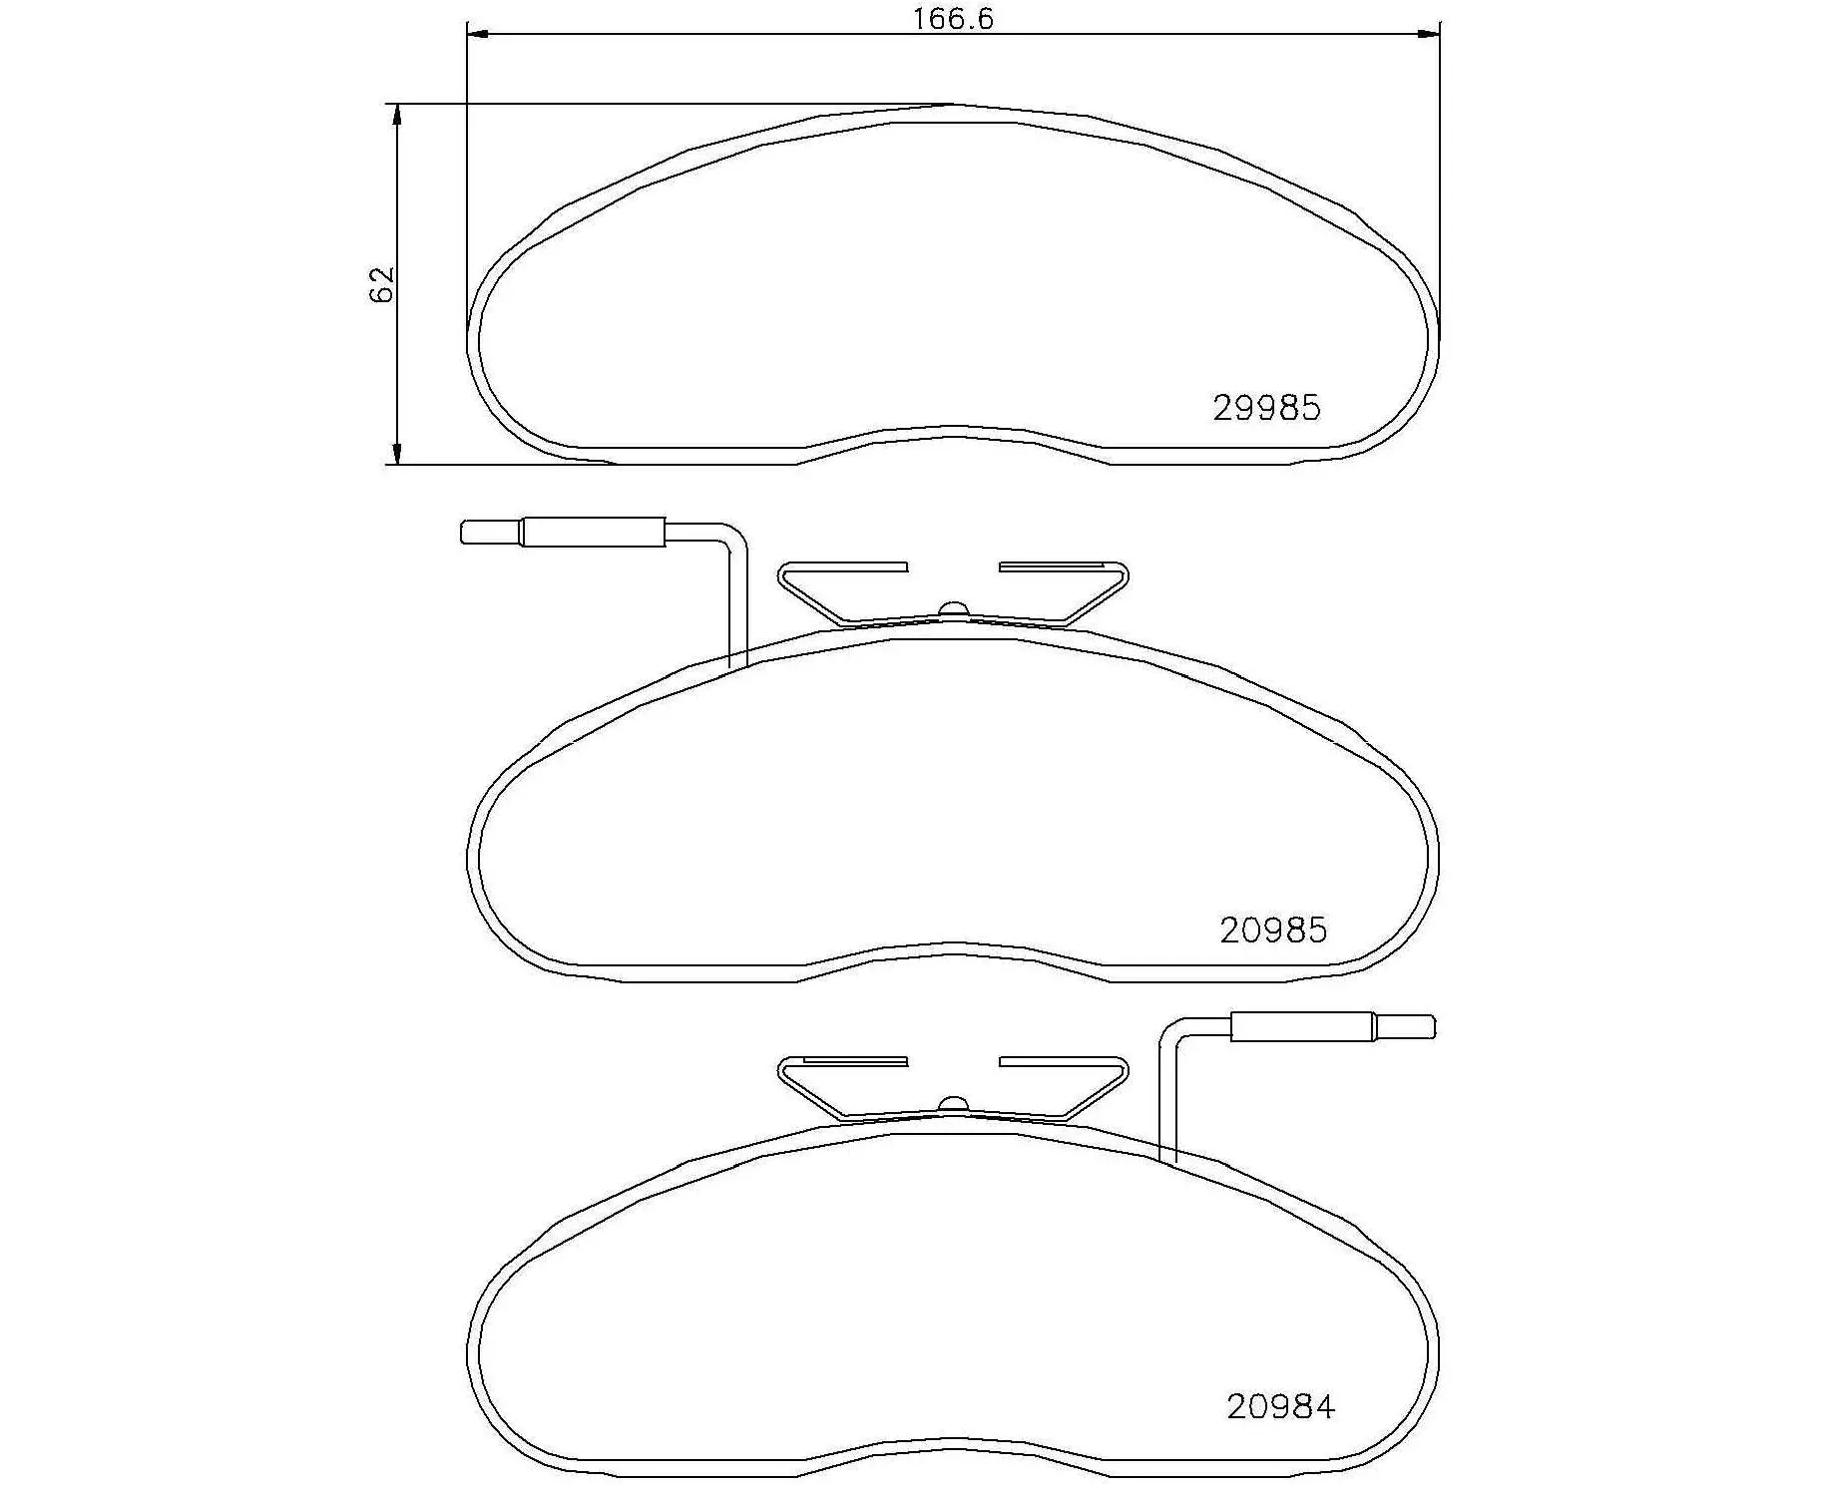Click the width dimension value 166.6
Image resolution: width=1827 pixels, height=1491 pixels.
(x=953, y=19)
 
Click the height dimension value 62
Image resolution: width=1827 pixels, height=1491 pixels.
(x=382, y=284)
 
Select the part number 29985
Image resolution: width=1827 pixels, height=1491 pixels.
(x=1266, y=408)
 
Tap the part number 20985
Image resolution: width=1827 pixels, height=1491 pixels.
(x=1273, y=930)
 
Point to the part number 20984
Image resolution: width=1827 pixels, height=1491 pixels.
(x=1280, y=1406)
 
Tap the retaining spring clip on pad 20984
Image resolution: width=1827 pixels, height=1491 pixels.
(x=953, y=1089)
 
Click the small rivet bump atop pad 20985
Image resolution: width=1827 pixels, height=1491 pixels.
(x=954, y=609)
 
